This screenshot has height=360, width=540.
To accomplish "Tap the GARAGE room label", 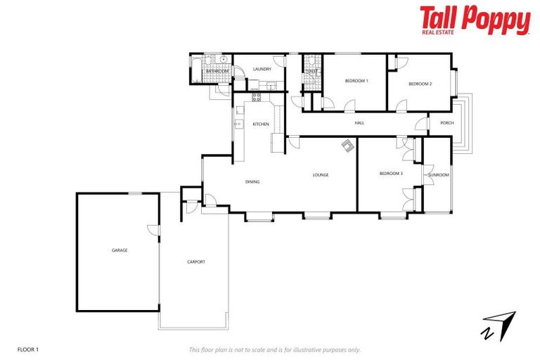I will pos(119,250).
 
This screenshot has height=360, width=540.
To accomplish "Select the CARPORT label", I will pos(196,262).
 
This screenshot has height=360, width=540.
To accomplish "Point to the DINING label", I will pos(252,182).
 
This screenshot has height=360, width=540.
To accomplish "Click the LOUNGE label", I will pos(321,175).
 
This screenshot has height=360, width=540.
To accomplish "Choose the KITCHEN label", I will pos(261,124).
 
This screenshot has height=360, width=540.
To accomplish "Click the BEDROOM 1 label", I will pos(356,82).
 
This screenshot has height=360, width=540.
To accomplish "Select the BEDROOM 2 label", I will pos(420,84).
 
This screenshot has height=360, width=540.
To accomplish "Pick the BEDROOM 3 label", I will pos(391,174).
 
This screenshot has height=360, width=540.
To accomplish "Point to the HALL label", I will pos(359,123).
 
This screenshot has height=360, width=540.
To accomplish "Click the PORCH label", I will pos(446,123).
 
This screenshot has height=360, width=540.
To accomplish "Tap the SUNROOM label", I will pos(438,174).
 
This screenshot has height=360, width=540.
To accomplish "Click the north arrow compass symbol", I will pos(498,325).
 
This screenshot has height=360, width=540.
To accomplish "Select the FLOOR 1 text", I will pos(27,349).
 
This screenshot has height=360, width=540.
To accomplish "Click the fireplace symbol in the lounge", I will pos(348,145).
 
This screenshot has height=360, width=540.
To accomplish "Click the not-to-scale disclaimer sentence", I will pos(274,349).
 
